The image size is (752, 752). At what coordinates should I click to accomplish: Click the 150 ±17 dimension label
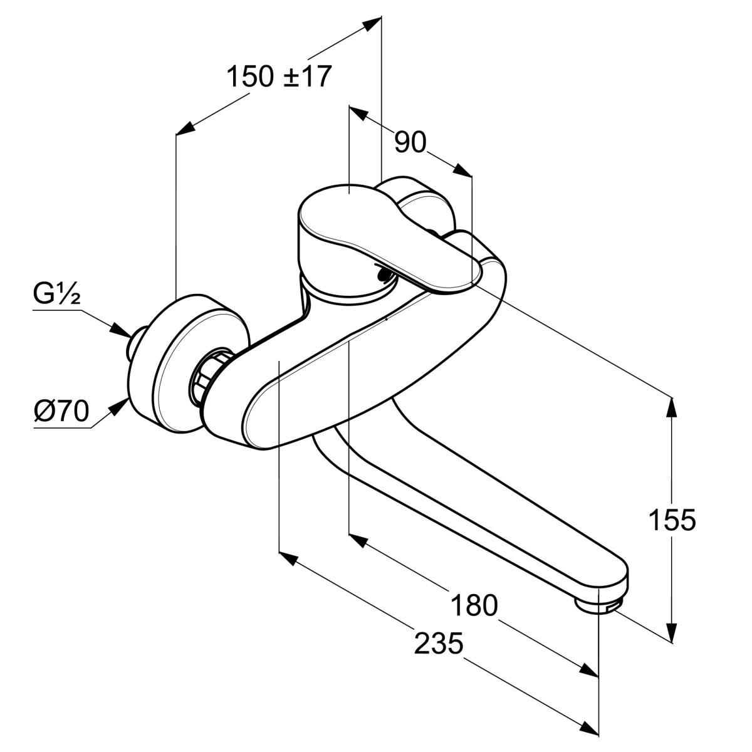tap(278, 76)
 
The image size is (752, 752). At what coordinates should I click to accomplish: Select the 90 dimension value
tap(410, 143)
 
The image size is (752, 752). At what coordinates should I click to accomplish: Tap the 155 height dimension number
tap(672, 520)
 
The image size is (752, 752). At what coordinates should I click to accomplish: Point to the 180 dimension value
tap(474, 605)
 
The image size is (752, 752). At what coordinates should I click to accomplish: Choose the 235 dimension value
tap(439, 643)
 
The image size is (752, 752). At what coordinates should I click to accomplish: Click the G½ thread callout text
tap(56, 295)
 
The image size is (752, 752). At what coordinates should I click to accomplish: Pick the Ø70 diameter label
tap(61, 412)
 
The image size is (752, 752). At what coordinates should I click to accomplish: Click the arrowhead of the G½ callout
tap(120, 330)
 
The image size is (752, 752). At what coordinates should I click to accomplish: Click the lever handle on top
tap(376, 232)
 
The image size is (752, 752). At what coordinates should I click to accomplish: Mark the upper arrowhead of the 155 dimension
tap(672, 406)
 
